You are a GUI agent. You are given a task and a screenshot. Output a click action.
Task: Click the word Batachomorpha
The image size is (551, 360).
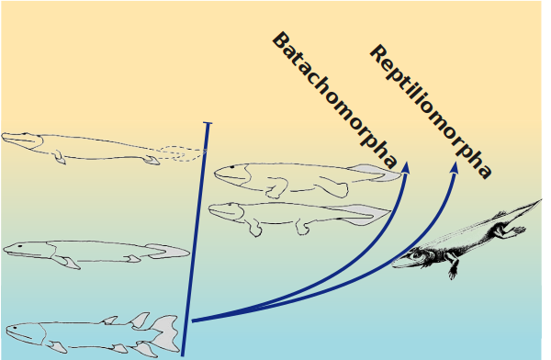(x=335, y=101)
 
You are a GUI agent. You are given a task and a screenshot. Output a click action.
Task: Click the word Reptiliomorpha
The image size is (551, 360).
(x=431, y=112)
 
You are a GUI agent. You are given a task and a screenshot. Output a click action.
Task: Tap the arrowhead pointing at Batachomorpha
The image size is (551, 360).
(x=406, y=167)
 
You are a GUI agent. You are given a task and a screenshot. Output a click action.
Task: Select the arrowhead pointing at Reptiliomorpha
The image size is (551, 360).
(x=455, y=167)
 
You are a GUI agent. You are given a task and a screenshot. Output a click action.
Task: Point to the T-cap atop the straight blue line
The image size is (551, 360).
(x=208, y=123)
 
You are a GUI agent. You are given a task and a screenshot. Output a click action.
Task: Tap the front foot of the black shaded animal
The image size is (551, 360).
(x=453, y=272)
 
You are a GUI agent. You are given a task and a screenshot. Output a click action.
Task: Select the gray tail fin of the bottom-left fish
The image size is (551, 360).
(x=166, y=333)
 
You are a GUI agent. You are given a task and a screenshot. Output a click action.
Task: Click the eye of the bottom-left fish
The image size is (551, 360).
(x=15, y=328)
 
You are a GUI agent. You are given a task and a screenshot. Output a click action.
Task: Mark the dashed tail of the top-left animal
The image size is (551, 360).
(x=183, y=153)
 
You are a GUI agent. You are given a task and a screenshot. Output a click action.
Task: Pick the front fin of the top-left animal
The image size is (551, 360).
(x=59, y=157)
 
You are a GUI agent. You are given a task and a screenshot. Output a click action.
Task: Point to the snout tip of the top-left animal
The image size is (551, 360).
(x=3, y=138)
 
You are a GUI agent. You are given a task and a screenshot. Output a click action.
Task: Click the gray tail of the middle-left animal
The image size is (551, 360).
(x=168, y=251)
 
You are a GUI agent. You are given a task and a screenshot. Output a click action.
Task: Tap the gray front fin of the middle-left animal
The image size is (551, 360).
(x=71, y=263)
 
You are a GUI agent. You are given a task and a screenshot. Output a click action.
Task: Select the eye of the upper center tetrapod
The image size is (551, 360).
(x=231, y=167)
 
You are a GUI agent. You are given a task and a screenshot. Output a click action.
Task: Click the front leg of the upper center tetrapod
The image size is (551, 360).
(x=276, y=187)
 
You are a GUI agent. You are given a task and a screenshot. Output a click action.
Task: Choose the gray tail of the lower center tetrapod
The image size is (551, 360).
(x=365, y=215)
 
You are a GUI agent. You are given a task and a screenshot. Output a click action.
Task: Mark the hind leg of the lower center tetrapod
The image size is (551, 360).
(x=302, y=227)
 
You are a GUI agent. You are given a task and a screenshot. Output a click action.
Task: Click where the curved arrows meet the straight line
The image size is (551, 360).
(x=192, y=321)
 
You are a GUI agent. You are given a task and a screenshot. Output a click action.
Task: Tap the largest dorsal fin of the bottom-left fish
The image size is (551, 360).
(x=141, y=320)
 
